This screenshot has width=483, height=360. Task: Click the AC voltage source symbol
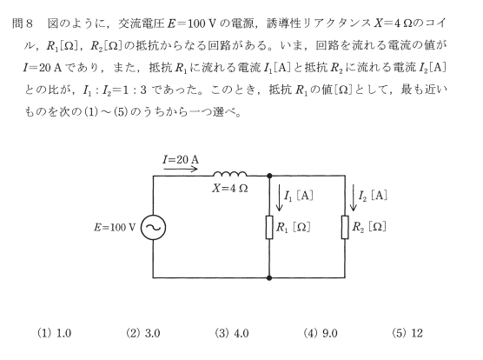[x=153, y=228]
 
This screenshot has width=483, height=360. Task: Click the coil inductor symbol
[x=230, y=174]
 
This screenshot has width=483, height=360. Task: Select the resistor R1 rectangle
[x=269, y=228]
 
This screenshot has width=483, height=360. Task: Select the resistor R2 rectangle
[x=345, y=228]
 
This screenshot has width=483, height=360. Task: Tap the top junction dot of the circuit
[x=269, y=176]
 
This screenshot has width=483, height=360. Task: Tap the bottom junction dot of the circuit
[x=269, y=277]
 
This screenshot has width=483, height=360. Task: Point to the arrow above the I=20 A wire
[x=181, y=169]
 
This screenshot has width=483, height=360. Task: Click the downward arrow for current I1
[x=280, y=198]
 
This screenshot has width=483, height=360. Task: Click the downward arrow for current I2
[x=354, y=197]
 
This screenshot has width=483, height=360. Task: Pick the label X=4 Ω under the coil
[x=230, y=189]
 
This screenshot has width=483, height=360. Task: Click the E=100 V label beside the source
[x=115, y=228]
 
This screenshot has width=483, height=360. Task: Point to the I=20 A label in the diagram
[x=181, y=160]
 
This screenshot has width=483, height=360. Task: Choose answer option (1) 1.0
[x=54, y=333]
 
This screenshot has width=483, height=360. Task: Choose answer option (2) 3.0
[x=143, y=333]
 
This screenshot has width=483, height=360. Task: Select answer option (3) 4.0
[x=232, y=333]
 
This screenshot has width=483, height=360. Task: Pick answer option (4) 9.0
[x=321, y=333]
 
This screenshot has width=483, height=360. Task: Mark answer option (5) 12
[x=407, y=333]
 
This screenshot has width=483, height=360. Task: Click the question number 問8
[x=23, y=23]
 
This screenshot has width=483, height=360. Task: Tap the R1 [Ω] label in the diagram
[x=293, y=228]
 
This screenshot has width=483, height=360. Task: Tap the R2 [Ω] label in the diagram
[x=369, y=227]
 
